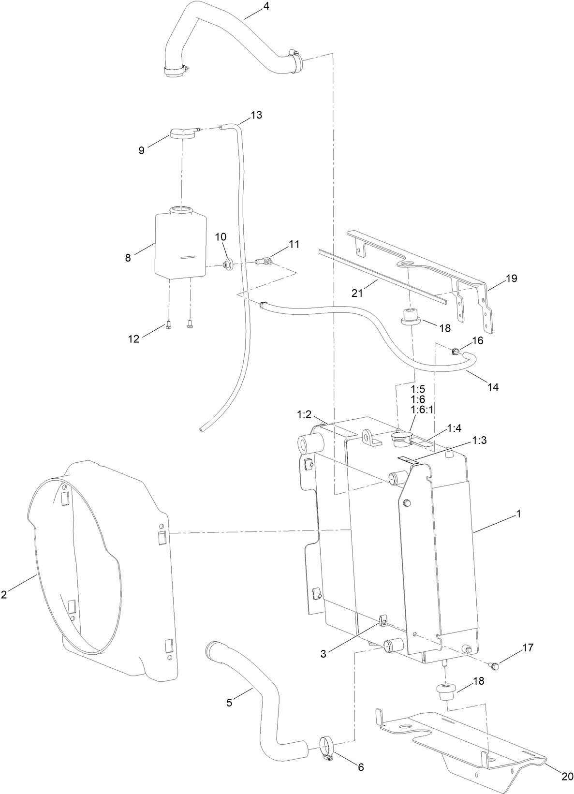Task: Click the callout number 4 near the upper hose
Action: (x=266, y=6)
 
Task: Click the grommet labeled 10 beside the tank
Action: (x=227, y=264)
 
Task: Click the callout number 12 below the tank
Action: (x=133, y=339)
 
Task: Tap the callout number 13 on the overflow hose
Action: (x=256, y=115)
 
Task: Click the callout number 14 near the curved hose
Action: (x=493, y=387)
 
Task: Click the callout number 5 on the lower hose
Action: (x=229, y=703)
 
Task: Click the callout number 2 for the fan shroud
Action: (x=3, y=594)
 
